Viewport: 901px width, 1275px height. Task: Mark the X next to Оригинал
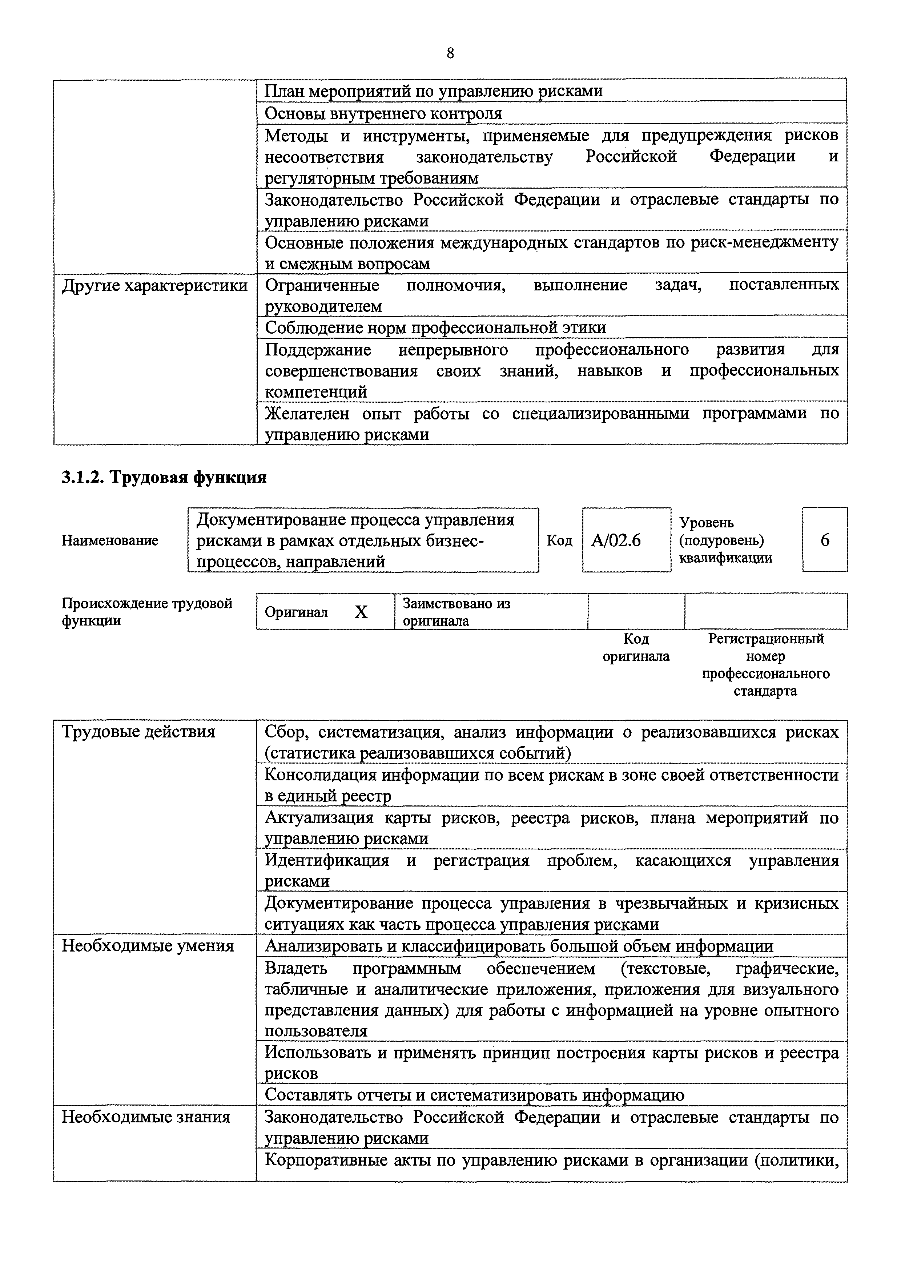[361, 612]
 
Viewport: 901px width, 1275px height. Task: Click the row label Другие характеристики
[154, 286]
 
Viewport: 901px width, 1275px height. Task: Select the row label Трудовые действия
[138, 732]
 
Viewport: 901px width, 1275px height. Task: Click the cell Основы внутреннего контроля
[383, 114]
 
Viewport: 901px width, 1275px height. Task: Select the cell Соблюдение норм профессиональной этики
[435, 327]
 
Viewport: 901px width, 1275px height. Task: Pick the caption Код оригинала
[636, 648]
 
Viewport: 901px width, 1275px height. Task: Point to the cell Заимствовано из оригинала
[456, 612]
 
